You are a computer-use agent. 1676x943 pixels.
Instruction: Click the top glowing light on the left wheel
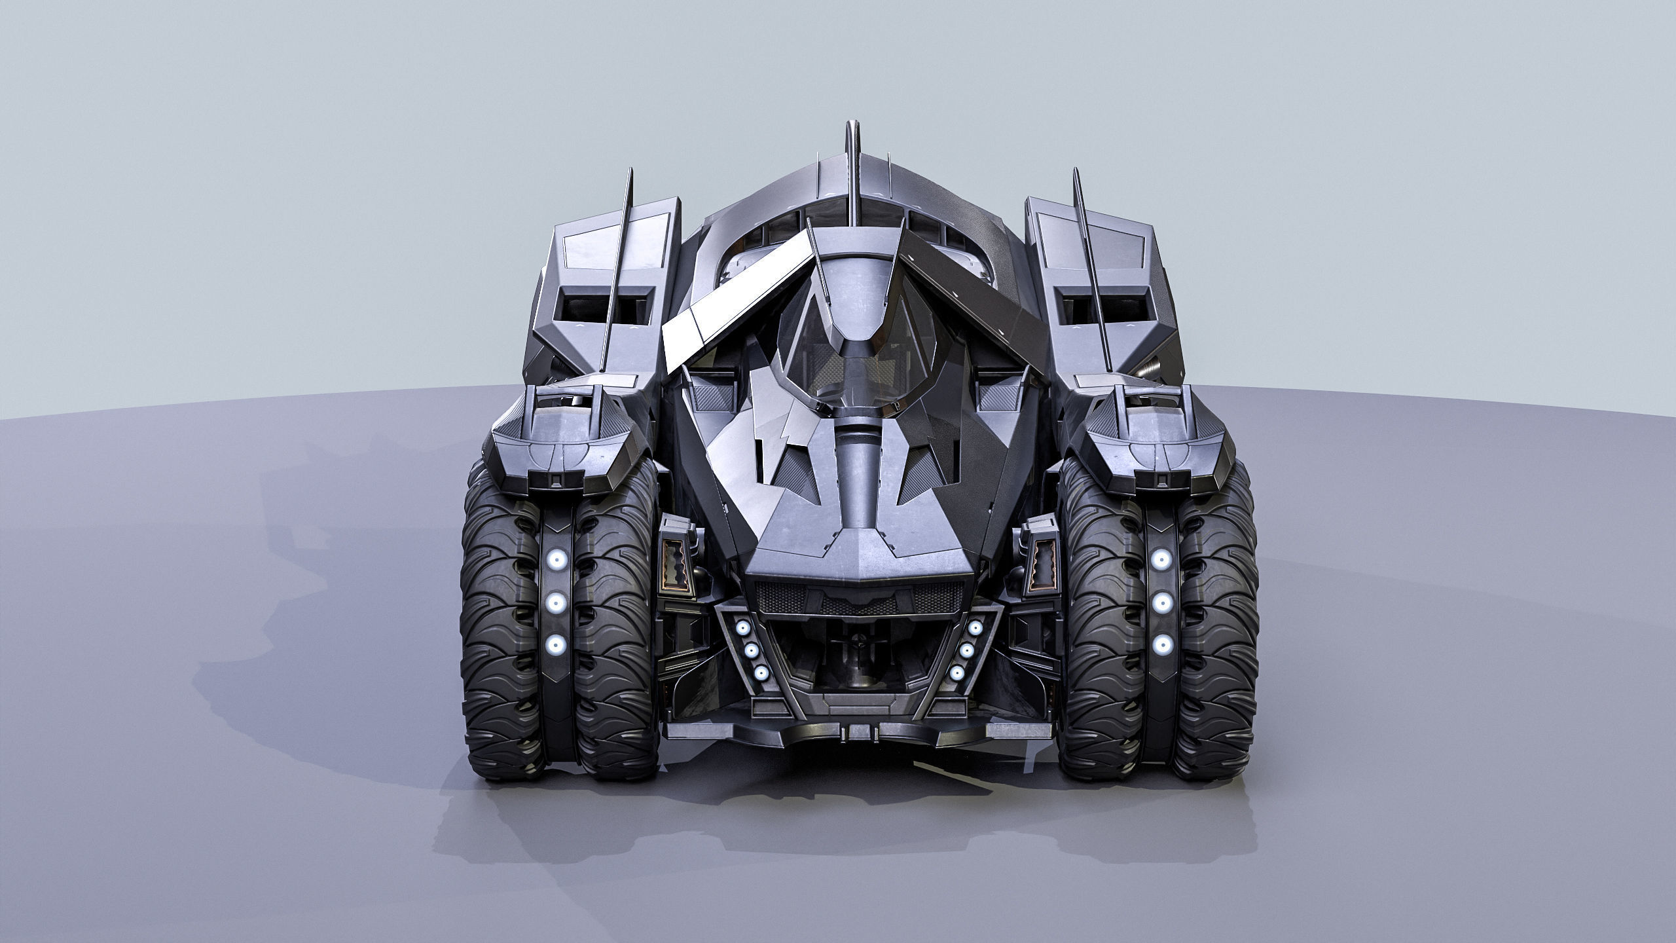[556, 559]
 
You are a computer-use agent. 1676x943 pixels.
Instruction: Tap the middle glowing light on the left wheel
[556, 602]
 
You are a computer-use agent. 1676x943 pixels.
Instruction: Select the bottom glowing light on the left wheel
[556, 645]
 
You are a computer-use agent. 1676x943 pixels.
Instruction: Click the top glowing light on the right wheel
[1161, 559]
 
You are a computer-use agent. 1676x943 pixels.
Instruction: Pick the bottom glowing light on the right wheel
[1161, 645]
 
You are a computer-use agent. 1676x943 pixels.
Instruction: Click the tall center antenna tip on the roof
[852, 128]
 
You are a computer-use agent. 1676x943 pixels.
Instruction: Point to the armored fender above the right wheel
[1156, 452]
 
